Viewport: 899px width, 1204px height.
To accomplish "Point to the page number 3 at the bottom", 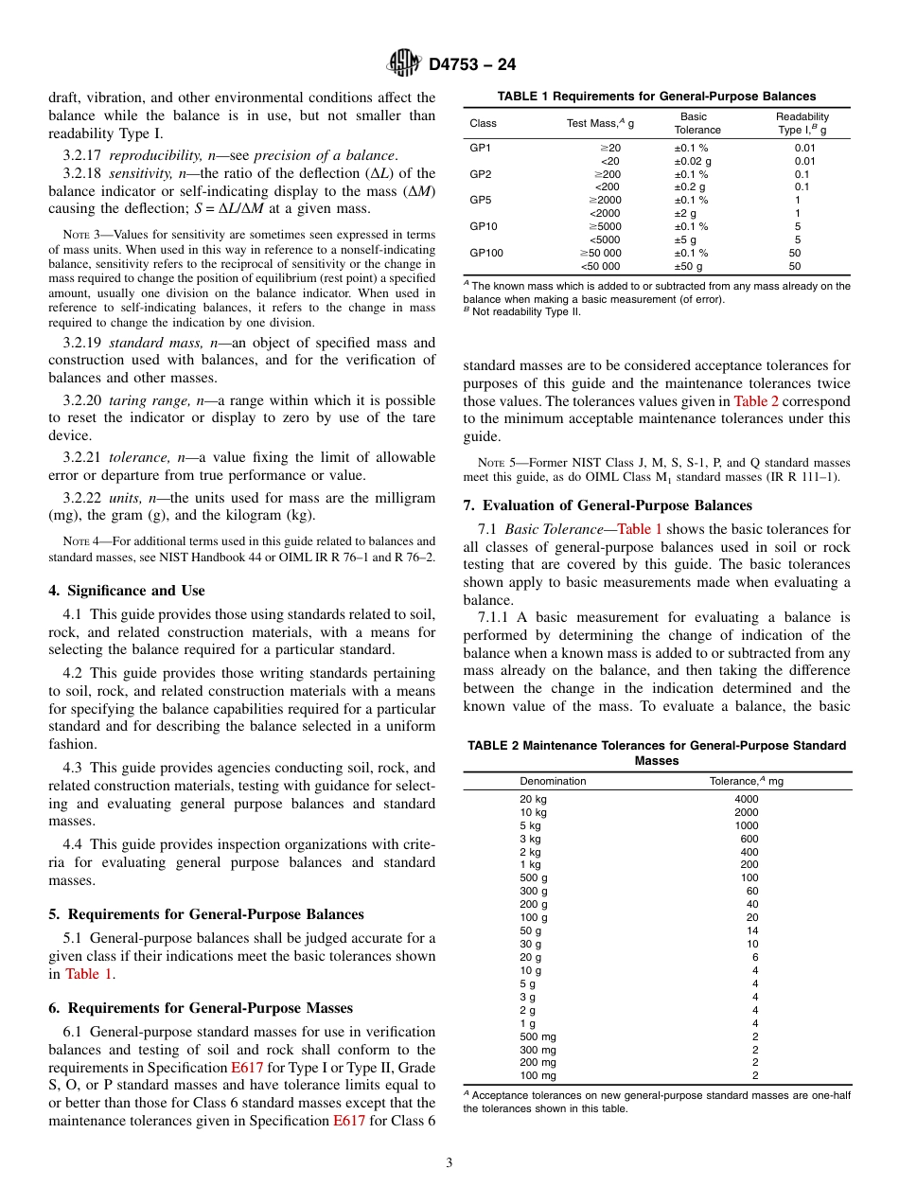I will point(449,1162).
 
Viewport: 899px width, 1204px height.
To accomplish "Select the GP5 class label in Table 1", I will point(481,201).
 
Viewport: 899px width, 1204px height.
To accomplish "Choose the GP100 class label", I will point(486,253).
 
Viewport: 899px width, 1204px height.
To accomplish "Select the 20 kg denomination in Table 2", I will point(533,799).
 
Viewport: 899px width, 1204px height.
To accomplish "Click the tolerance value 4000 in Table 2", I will point(747,799).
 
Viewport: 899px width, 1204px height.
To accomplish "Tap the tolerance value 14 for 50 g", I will point(747,930).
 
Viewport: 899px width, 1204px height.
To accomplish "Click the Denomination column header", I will point(553,781).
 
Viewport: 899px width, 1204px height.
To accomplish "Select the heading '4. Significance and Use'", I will point(127,591).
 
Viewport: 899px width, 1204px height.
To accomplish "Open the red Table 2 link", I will point(756,401).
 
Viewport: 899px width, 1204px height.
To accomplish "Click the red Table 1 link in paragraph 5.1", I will point(88,974).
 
